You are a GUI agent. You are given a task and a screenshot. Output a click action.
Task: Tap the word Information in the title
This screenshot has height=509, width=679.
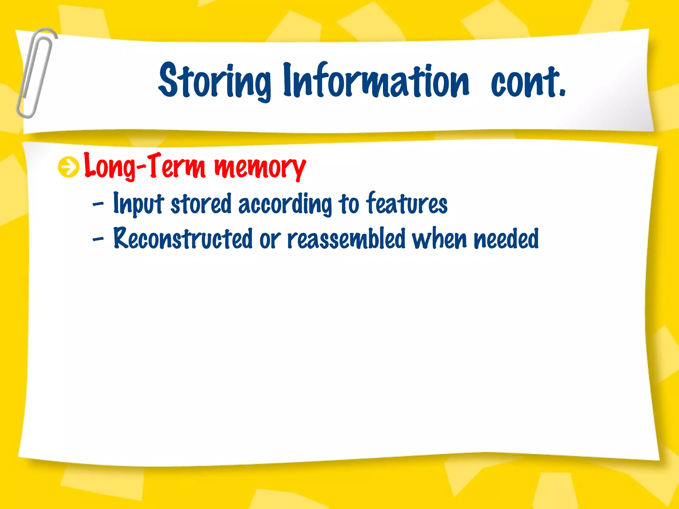(x=376, y=81)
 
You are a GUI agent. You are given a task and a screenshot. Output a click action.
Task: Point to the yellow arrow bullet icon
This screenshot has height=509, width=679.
(x=69, y=167)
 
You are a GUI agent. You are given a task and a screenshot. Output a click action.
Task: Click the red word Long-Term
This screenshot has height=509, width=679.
(x=145, y=166)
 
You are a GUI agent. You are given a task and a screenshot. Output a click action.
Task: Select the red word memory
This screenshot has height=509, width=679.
(x=260, y=167)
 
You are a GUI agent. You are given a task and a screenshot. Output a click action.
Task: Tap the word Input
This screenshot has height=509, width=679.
(x=139, y=203)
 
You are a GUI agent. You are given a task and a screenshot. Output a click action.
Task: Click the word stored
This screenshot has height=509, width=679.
(x=201, y=203)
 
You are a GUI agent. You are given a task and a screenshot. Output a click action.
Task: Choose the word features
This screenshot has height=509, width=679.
(x=407, y=203)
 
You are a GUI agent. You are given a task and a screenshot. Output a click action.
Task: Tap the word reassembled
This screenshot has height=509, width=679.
(x=346, y=238)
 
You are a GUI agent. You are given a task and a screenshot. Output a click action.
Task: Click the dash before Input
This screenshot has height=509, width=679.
(x=98, y=205)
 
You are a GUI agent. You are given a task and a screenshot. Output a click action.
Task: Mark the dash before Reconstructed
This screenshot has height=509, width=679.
(x=98, y=239)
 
